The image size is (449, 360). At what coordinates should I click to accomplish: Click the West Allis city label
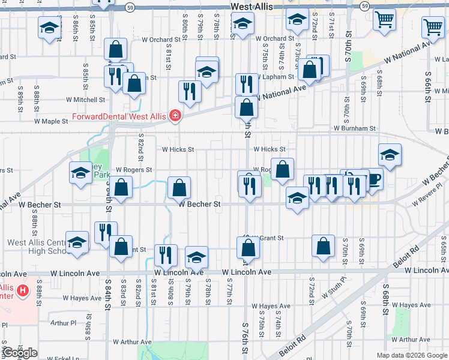[252, 6]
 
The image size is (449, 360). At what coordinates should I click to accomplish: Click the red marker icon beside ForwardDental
[175, 115]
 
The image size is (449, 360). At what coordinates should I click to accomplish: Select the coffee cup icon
[374, 179]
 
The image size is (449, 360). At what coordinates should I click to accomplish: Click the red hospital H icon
[23, 292]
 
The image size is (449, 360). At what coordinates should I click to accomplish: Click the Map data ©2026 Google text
[411, 355]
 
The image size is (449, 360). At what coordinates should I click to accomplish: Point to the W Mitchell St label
[85, 100]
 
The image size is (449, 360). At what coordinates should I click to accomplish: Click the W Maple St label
[52, 121]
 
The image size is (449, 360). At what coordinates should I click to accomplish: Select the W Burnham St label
[355, 128]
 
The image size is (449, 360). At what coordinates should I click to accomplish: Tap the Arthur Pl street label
[64, 323]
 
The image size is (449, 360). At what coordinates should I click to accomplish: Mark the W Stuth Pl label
[334, 287]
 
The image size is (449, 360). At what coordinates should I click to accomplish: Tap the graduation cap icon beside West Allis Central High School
[77, 243]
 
